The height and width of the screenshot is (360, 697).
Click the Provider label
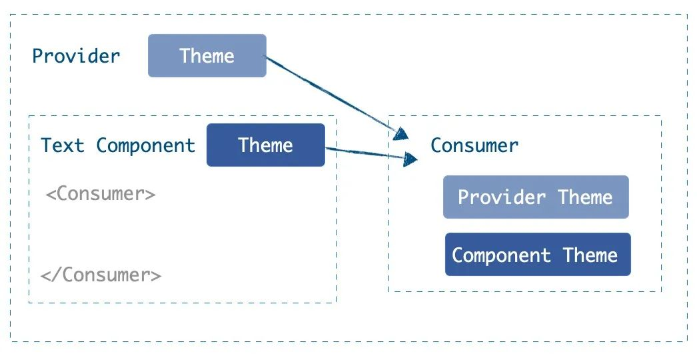(76, 56)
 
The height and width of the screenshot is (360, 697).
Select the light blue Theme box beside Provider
(207, 55)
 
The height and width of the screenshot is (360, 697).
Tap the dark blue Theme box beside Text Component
(266, 145)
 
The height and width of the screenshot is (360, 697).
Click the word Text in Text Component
(62, 145)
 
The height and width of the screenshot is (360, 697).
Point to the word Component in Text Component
(146, 146)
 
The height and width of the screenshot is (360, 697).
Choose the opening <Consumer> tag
(101, 193)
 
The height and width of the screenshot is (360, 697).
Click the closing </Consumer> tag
(101, 275)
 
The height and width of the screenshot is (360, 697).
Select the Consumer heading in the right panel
(474, 145)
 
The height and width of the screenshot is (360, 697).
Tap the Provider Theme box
(536, 197)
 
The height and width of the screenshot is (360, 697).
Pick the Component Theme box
(538, 255)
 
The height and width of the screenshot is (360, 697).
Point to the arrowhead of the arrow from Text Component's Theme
(410, 159)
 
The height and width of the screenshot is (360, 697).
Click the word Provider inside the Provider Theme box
(502, 197)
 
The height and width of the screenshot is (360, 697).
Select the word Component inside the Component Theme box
(501, 255)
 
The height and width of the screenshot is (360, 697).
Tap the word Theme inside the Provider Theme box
(585, 197)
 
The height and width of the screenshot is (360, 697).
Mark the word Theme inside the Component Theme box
(590, 255)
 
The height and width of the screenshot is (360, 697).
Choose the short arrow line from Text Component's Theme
(372, 154)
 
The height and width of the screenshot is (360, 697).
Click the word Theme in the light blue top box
(207, 55)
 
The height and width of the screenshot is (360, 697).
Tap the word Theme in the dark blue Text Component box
(265, 145)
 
